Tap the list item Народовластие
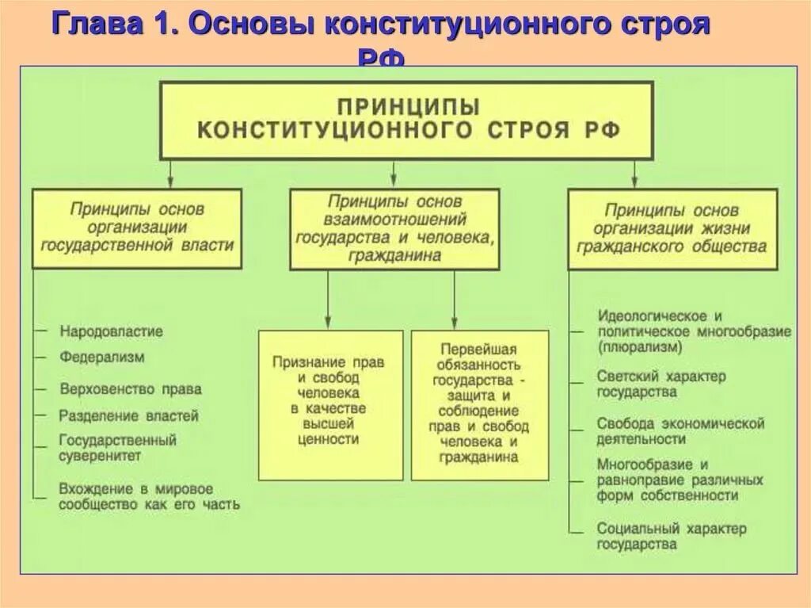tap(111, 331)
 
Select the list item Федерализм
tap(102, 357)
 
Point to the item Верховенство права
tap(131, 389)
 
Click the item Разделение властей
tap(129, 415)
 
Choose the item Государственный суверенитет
tap(117, 447)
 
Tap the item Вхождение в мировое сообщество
tap(149, 496)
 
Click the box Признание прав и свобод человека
tap(329, 404)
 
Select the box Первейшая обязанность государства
tap(480, 404)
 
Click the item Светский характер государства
tap(661, 384)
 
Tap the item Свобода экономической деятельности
tap(680, 430)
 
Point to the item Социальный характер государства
tap(672, 536)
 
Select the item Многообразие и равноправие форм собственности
tap(680, 480)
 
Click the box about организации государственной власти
tap(138, 228)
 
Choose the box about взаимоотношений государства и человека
tap(394, 228)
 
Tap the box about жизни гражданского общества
tap(672, 228)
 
